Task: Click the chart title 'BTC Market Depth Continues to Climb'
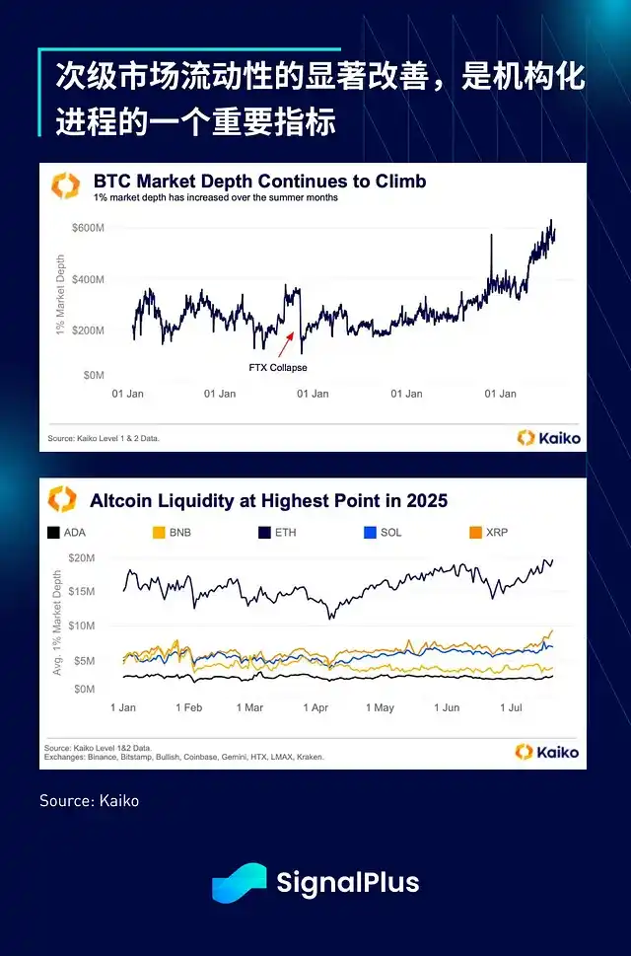coord(259,182)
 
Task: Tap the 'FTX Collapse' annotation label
coord(277,368)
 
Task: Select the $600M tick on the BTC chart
coord(88,228)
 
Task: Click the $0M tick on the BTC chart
coord(94,375)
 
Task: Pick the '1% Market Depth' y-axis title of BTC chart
coord(60,294)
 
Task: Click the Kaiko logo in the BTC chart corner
coord(549,437)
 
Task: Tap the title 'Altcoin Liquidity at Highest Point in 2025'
coord(268,501)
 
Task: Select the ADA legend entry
coord(67,533)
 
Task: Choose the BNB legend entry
coord(174,533)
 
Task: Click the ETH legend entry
coord(279,533)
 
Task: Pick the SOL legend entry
coord(385,533)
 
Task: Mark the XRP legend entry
coord(490,533)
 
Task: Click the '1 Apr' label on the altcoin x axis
coord(315,707)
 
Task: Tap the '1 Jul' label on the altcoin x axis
coord(510,707)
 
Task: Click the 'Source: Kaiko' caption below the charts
coord(89,801)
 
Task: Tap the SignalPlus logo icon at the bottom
coord(239,882)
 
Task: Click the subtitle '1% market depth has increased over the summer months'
coord(216,197)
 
